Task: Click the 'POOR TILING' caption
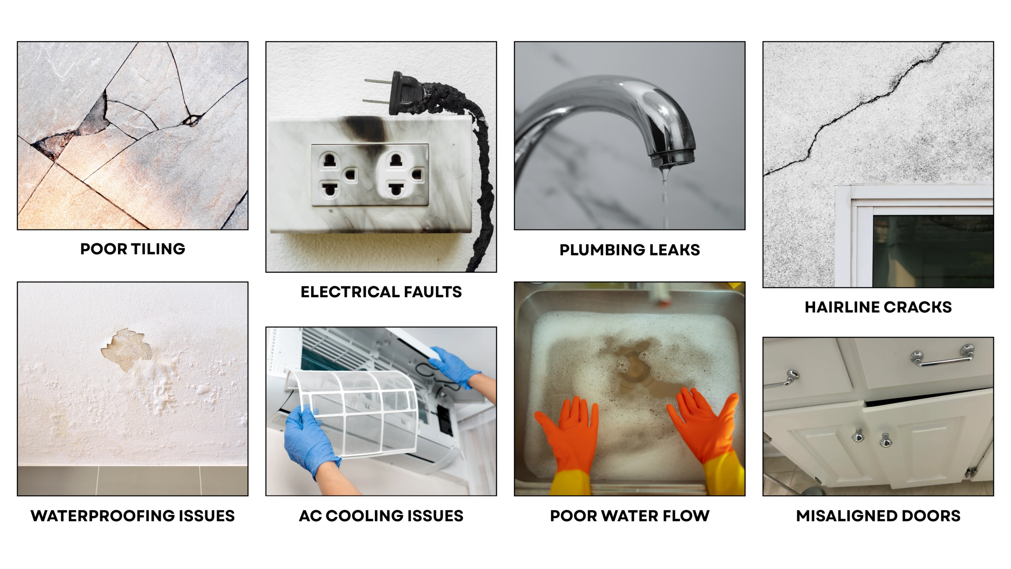tap(133, 249)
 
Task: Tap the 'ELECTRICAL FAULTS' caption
tap(381, 292)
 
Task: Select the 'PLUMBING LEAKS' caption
tap(630, 250)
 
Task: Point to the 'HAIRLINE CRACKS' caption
tap(878, 307)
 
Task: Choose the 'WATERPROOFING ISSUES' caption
tap(133, 516)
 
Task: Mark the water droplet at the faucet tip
tap(665, 174)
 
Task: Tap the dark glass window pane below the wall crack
tap(932, 251)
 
